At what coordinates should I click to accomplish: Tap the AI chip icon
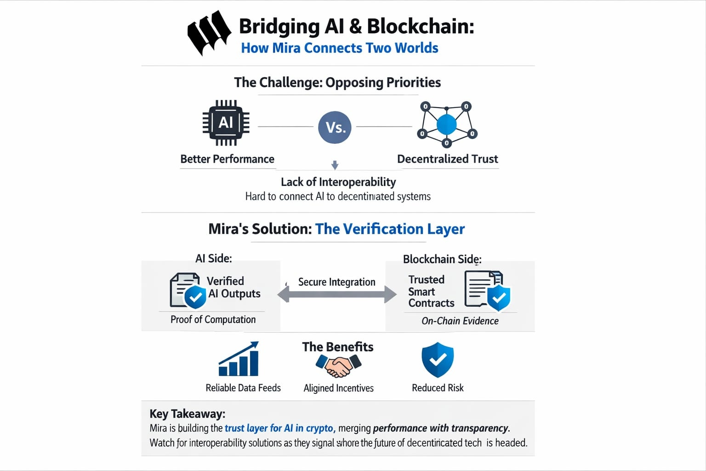226,123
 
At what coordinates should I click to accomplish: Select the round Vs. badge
335,127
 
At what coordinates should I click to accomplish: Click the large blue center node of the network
446,124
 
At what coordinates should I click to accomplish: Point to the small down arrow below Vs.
335,165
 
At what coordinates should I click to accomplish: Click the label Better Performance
227,159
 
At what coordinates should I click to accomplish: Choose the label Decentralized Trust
447,159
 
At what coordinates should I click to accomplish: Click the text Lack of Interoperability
338,182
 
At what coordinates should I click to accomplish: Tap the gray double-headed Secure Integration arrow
337,294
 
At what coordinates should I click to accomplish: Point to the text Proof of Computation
213,320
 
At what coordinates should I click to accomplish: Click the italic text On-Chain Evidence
460,321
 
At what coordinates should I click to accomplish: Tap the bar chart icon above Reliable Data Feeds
239,360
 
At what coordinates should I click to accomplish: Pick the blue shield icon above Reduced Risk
438,360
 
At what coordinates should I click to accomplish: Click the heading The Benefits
338,347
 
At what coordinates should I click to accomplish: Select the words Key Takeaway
187,414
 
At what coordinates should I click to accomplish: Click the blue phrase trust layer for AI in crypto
279,428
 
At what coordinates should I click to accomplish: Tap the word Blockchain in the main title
420,26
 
